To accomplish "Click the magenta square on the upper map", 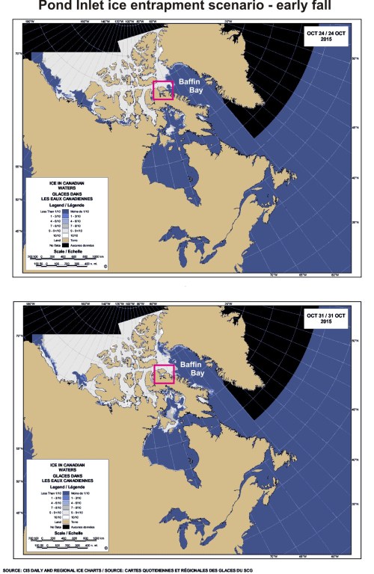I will click(163, 90).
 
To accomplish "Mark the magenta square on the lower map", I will click(163, 376).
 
